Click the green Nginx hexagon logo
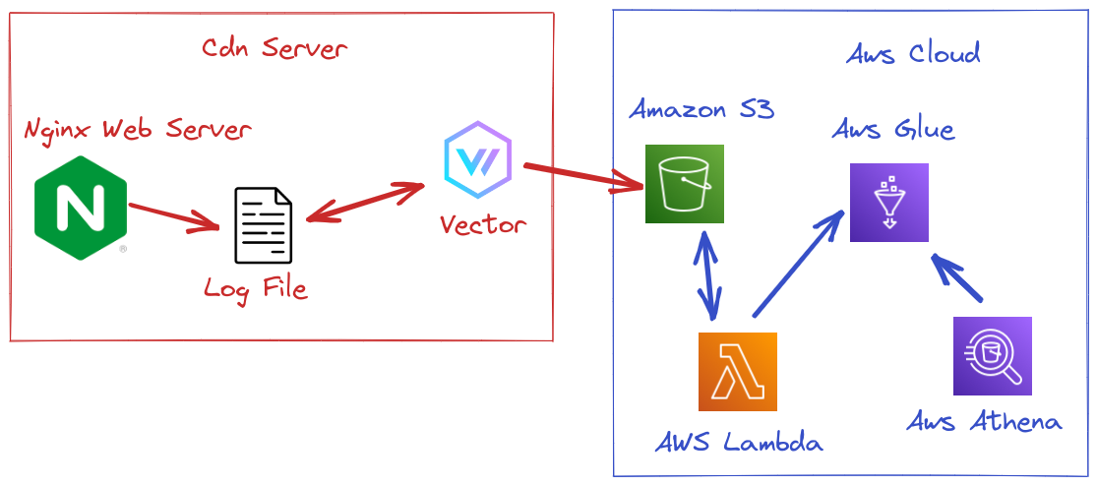(81, 208)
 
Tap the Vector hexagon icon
(477, 161)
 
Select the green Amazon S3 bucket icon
(684, 184)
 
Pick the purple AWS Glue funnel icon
(888, 202)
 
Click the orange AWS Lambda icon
(737, 371)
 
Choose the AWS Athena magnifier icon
(992, 355)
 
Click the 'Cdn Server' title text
(274, 48)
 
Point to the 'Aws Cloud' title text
(913, 53)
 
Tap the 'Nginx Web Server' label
(138, 129)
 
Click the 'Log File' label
(255, 288)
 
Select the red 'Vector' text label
(482, 225)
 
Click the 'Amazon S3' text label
(701, 109)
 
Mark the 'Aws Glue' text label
(892, 129)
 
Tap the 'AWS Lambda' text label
(738, 443)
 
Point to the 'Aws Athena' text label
(984, 422)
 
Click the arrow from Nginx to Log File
(173, 217)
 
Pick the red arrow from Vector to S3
(581, 177)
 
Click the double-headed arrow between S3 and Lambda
(707, 275)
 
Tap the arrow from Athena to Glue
(956, 278)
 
